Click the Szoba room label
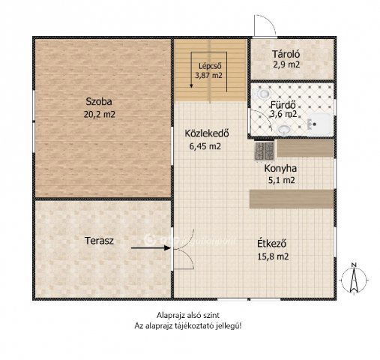tap(99, 102)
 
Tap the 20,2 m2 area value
tap(100, 115)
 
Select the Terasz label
tap(99, 241)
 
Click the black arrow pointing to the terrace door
tap(151, 248)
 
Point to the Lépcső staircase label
tap(210, 66)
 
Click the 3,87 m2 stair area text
tap(208, 75)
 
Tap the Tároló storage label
tap(286, 54)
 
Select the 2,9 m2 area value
tap(286, 64)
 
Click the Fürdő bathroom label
tap(283, 104)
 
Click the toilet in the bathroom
tap(262, 94)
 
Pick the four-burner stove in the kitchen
tap(265, 151)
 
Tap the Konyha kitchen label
tap(280, 168)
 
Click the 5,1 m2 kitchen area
tap(282, 180)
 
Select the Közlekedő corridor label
tap(207, 133)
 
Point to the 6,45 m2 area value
tap(205, 146)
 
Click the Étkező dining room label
tap(272, 244)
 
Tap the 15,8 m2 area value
tap(273, 256)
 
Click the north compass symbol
tap(354, 279)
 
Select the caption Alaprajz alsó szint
tap(188, 315)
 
